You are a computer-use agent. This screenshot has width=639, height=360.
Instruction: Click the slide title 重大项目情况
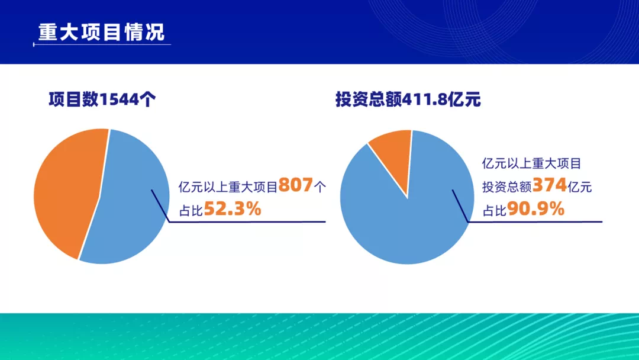coord(102,32)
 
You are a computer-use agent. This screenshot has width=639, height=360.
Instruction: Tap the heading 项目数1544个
coord(102,99)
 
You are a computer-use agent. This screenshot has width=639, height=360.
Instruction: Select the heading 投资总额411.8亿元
coord(408,99)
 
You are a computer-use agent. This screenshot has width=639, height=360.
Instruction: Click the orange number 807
coord(295,185)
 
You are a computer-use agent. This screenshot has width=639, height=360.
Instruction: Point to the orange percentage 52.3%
coord(233,209)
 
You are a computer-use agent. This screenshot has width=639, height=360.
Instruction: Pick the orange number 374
coord(549,185)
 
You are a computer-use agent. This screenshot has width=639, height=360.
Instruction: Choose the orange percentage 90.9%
coord(535,209)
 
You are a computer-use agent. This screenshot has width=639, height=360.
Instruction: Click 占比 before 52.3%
coord(191,210)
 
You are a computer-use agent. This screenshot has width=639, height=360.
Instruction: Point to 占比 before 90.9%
coord(494,210)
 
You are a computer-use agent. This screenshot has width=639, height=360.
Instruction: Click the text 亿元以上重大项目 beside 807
coord(228,187)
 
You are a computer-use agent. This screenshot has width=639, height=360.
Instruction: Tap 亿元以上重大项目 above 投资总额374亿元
coord(531,163)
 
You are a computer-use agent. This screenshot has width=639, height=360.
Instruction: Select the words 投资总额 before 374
coord(507,187)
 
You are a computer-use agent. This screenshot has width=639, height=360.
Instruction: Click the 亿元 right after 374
coord(579,187)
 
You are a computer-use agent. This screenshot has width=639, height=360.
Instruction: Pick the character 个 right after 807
coord(320,187)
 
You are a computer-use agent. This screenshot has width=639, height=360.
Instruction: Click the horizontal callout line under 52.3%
coord(247,222)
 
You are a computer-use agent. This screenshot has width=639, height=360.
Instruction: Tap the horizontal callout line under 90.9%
coord(535,222)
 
